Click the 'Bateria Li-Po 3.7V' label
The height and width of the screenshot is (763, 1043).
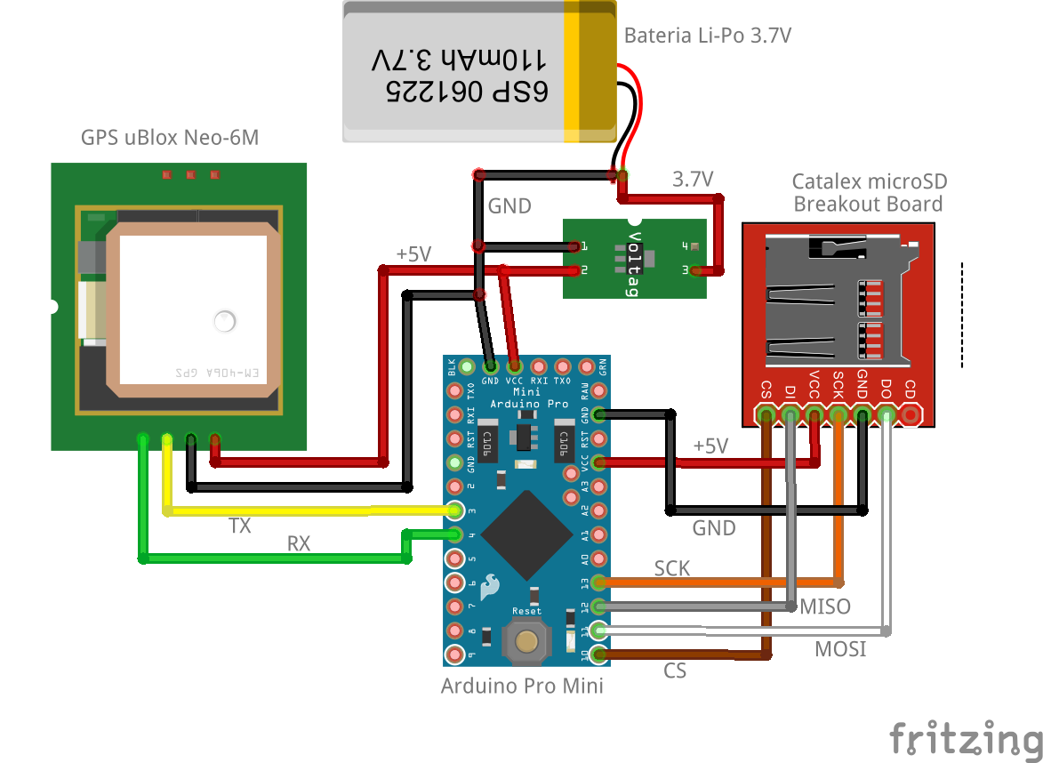tap(707, 36)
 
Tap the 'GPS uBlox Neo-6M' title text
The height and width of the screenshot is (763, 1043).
tap(170, 138)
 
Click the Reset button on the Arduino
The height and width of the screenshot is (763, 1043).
tap(527, 641)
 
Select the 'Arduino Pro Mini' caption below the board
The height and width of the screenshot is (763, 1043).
tap(522, 686)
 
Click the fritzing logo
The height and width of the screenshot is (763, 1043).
tap(966, 737)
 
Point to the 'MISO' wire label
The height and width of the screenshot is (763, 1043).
tap(825, 606)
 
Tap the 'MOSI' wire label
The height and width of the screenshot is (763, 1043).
tap(840, 649)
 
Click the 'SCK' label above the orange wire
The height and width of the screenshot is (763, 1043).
tap(672, 568)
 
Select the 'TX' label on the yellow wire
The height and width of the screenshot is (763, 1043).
tap(240, 526)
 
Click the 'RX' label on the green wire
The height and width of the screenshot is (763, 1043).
tap(299, 543)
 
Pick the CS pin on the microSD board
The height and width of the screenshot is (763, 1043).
tap(766, 414)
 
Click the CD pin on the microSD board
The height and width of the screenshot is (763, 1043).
tap(910, 414)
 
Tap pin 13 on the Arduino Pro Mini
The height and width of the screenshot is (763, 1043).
tap(599, 582)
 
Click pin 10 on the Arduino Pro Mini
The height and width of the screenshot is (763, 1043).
tap(599, 655)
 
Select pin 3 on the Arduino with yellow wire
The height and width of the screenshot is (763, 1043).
tap(456, 510)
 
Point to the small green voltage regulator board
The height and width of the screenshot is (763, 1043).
tap(634, 259)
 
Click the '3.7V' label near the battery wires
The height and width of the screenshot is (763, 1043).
tap(693, 180)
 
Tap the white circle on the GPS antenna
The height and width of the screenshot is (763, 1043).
tap(225, 322)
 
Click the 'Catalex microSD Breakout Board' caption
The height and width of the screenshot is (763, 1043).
tap(869, 193)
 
